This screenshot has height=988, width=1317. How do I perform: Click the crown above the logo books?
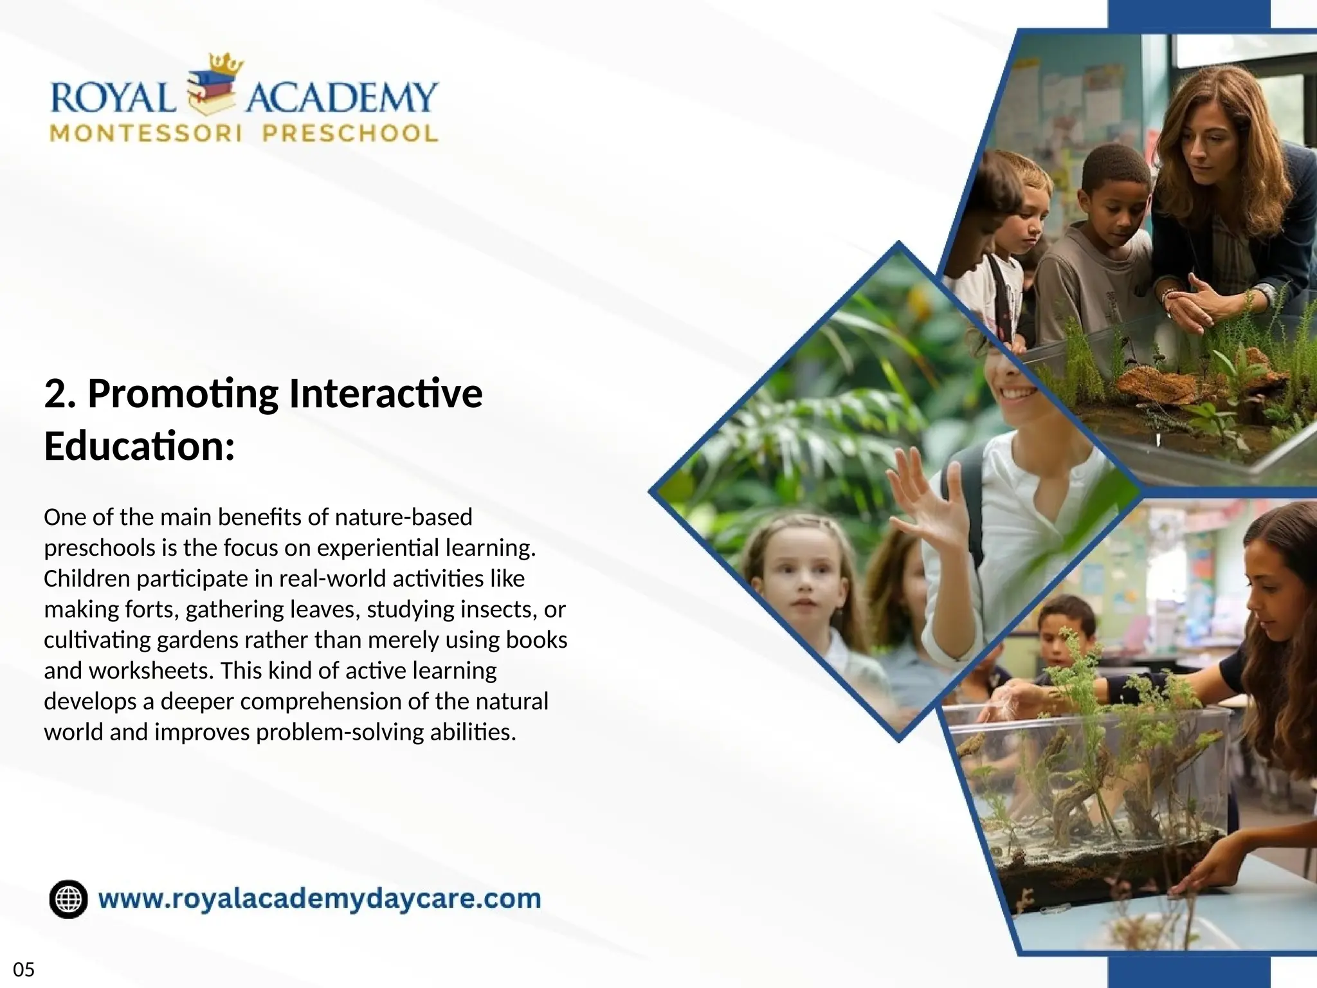click(226, 64)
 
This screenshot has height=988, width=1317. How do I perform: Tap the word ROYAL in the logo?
click(113, 99)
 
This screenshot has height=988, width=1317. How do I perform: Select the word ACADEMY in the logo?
click(341, 98)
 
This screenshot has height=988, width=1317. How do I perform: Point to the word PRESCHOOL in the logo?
click(350, 134)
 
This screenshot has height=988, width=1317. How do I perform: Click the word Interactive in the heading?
click(385, 394)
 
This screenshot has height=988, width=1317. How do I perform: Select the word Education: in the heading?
click(140, 446)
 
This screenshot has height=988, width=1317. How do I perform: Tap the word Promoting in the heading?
click(183, 394)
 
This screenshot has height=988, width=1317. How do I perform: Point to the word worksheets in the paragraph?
click(150, 670)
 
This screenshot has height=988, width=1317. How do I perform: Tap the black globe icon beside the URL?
click(68, 899)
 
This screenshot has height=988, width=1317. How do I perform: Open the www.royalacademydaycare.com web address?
click(319, 899)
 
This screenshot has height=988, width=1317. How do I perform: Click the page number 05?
click(24, 969)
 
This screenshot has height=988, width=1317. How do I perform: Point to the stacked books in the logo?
click(211, 93)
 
